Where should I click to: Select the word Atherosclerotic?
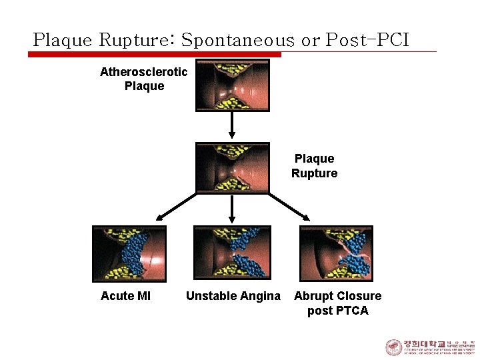tap(143, 72)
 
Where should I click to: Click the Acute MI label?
tap(125, 296)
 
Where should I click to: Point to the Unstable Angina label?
tap(233, 296)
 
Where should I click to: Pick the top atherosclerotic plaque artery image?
tap(232, 85)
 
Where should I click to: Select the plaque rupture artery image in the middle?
tap(232, 167)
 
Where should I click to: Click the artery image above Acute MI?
tap(129, 253)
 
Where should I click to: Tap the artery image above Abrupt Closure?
tap(336, 253)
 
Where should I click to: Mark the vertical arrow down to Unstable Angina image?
tap(232, 209)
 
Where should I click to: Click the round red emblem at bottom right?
tap(393, 347)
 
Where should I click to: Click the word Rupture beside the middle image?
tap(314, 173)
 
